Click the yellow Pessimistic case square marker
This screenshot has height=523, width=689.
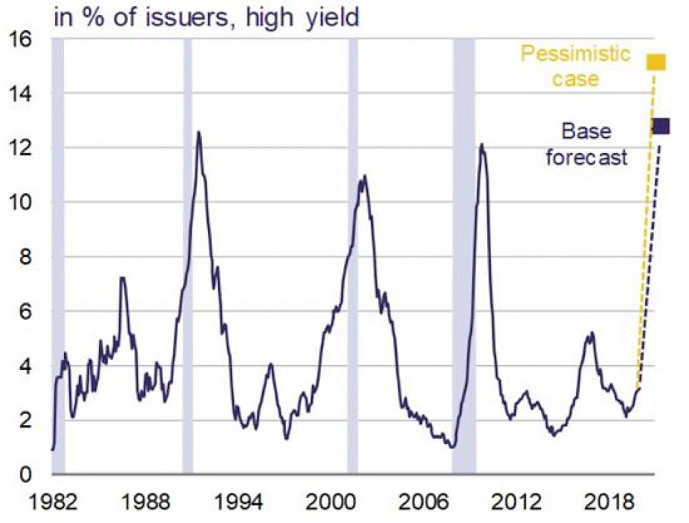(656, 63)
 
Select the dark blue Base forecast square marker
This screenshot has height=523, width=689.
(660, 126)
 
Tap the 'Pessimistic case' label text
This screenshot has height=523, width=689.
(575, 65)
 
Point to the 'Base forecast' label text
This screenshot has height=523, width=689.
(586, 144)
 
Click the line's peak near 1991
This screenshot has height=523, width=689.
(198, 131)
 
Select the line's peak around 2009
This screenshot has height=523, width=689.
(482, 144)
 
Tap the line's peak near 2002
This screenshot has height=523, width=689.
(365, 175)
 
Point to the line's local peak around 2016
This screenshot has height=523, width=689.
(591, 333)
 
